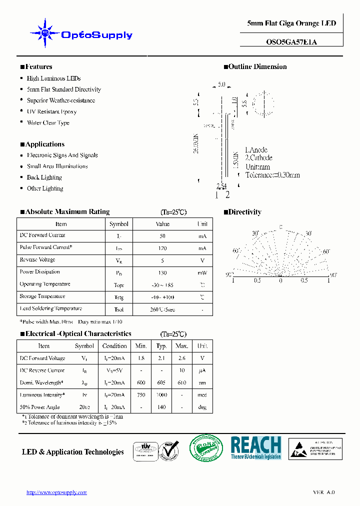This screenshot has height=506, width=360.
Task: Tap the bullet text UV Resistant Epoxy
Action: pos(51,111)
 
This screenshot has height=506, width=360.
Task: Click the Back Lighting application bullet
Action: pos(44,177)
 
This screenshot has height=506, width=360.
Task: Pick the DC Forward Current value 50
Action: pos(162,236)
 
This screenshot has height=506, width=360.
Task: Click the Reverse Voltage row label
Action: pos(37,260)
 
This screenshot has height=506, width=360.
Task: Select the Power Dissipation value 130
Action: pos(162,273)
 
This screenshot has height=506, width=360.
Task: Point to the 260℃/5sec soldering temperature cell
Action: pos(162,309)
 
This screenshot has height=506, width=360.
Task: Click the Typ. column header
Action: pos(161,346)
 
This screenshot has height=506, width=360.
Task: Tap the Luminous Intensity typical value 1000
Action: pos(161,395)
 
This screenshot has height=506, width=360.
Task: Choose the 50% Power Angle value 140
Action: pos(161,407)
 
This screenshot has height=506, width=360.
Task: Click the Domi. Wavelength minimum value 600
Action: pos(141,383)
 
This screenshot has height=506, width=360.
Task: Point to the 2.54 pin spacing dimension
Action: pos(221,186)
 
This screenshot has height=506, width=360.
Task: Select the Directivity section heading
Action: pos(244,212)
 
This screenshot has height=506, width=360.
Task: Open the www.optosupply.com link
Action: pos(56,492)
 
